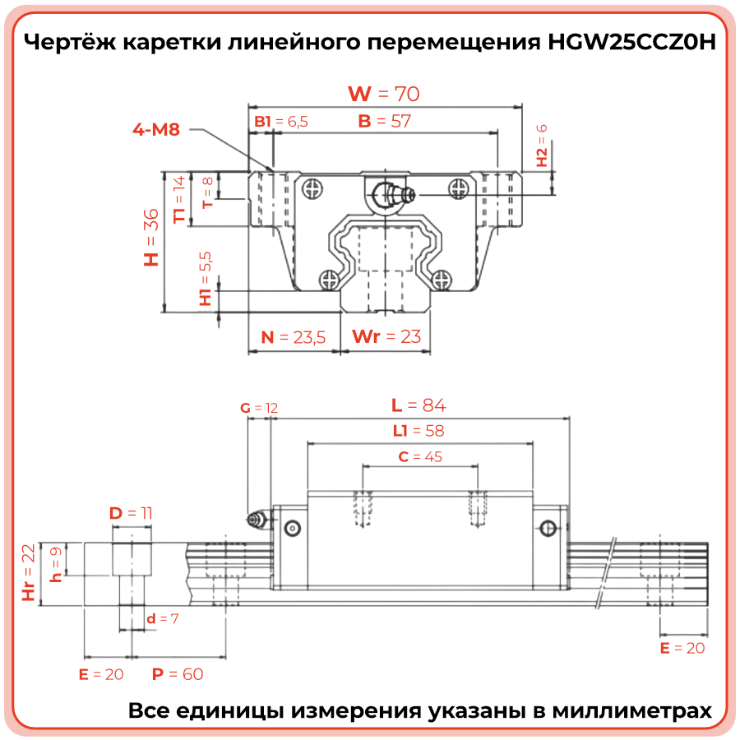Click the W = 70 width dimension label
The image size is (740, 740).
tap(384, 94)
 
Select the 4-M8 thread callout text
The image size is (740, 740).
tap(156, 129)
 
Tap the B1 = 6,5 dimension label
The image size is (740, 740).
tap(281, 122)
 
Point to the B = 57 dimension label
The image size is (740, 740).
tap(385, 122)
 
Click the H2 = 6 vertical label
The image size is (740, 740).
tap(542, 146)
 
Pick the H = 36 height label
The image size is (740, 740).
tap(151, 238)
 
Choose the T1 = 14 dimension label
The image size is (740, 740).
tap(179, 200)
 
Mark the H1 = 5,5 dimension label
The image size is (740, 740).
tap(206, 279)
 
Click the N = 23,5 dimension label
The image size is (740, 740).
tap(293, 337)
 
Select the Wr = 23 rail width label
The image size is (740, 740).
tap(386, 336)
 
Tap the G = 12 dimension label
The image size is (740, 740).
tap(259, 408)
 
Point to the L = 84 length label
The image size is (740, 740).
tap(419, 405)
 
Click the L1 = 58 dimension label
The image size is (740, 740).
tap(419, 430)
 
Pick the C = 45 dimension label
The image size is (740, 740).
tap(420, 456)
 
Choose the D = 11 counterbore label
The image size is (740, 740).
tap(131, 513)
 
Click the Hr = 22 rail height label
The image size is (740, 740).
tap(29, 572)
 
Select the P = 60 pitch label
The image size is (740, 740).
tap(178, 674)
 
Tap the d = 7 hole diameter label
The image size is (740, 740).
tap(162, 618)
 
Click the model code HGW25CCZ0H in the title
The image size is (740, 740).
tap(632, 42)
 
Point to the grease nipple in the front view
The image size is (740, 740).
tap(393, 193)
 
